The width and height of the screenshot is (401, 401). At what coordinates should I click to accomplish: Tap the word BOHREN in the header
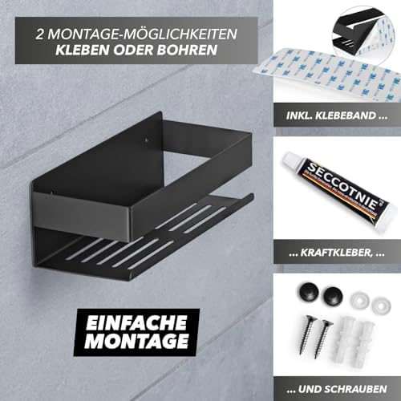coord(187,50)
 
